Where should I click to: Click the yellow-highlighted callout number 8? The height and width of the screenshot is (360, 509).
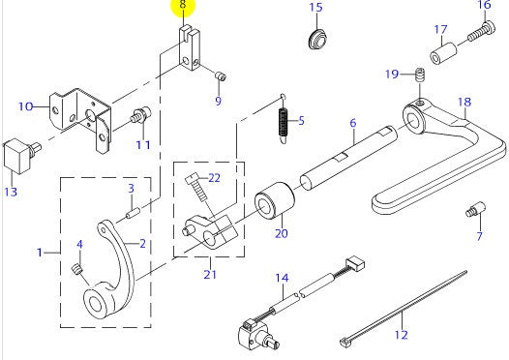(183, 5)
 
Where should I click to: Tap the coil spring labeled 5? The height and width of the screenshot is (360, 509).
(284, 125)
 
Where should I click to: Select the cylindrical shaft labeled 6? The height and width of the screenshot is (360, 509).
(348, 158)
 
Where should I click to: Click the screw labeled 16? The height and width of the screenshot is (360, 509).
(482, 32)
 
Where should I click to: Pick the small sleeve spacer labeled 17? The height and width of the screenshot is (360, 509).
(444, 53)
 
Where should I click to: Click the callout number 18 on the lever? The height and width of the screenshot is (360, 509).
(464, 103)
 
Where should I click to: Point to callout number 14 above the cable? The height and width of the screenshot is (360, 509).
(282, 278)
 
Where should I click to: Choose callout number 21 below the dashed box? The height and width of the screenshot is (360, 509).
(210, 274)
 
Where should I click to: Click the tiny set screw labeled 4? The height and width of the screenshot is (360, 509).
(76, 269)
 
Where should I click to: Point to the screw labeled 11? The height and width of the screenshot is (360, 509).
(141, 115)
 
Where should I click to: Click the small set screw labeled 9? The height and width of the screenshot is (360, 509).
(221, 76)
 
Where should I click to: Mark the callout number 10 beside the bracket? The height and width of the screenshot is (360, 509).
(26, 106)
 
